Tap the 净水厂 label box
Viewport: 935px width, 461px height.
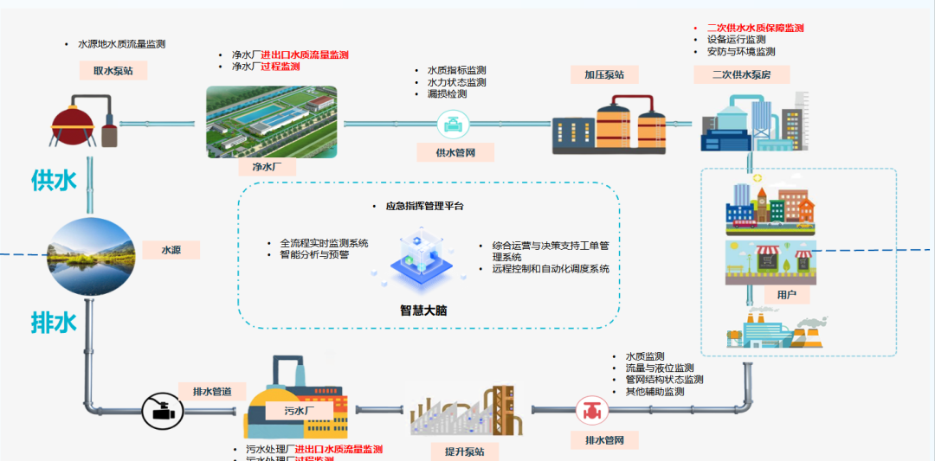tap(268, 166)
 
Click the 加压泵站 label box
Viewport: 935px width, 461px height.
tap(604, 74)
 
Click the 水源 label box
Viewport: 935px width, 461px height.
tap(171, 250)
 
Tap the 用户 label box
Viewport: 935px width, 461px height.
tap(787, 295)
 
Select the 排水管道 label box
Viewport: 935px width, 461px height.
tap(212, 392)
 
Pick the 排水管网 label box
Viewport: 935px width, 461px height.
tap(605, 439)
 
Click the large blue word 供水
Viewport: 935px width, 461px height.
tap(54, 181)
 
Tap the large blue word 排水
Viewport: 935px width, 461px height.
tap(54, 323)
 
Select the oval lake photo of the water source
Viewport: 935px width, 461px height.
tap(91, 257)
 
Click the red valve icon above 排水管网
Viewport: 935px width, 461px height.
tap(592, 409)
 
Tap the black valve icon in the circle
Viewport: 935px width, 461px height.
tap(161, 410)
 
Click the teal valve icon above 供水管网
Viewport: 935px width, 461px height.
tap(452, 124)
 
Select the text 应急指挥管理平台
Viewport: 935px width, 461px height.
tap(424, 207)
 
